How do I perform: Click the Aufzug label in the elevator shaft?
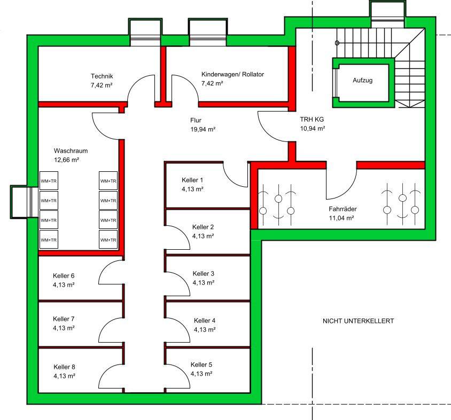click(x=362, y=81)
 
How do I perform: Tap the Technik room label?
click(x=102, y=76)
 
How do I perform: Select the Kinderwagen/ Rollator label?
click(x=232, y=74)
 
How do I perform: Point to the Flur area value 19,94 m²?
click(x=203, y=130)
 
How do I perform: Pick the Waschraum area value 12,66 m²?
click(x=66, y=160)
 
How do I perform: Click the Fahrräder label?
click(x=343, y=209)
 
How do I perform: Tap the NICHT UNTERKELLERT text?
click(x=358, y=321)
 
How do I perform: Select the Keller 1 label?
click(x=192, y=180)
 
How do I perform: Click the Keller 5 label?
click(x=201, y=364)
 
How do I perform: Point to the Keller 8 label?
click(x=64, y=367)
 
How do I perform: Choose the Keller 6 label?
click(x=64, y=275)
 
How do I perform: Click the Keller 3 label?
click(x=204, y=273)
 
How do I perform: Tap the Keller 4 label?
click(x=205, y=320)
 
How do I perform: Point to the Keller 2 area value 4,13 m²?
click(x=203, y=236)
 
